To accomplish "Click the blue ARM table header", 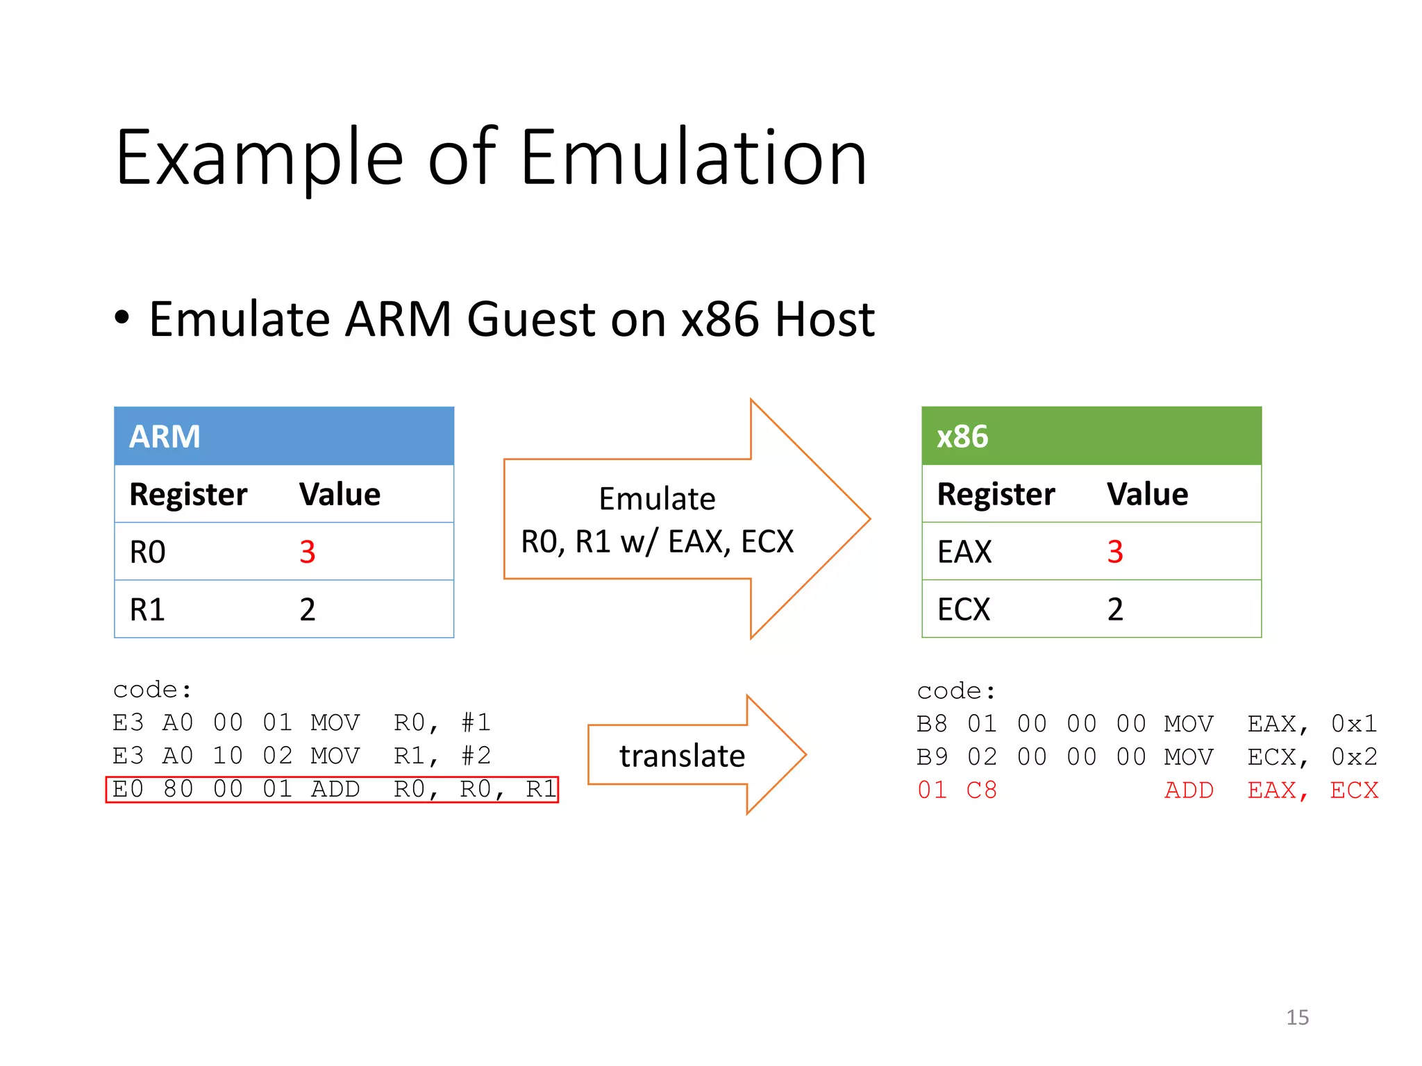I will point(283,437).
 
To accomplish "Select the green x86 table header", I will point(1091,437).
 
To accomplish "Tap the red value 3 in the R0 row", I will point(308,552).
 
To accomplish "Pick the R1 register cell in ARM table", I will point(148,610).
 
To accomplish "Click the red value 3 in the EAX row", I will point(1115,552).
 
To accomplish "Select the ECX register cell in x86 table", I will point(963,610).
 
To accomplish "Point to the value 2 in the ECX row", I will point(1115,610).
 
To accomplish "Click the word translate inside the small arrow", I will point(682,756).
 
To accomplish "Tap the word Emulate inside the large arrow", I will point(657,499).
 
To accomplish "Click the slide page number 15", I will point(1297,1017).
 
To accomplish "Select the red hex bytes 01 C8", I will point(957,790).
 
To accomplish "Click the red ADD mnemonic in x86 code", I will point(1189,790).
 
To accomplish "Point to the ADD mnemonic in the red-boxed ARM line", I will point(335,790).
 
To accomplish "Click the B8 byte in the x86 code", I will point(932,725).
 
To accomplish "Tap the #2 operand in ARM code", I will point(476,756).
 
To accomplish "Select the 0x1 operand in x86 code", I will point(1354,725).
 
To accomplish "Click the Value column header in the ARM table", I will point(340,495).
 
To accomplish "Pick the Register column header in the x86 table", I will point(996,495).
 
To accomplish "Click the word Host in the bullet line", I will point(824,320).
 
